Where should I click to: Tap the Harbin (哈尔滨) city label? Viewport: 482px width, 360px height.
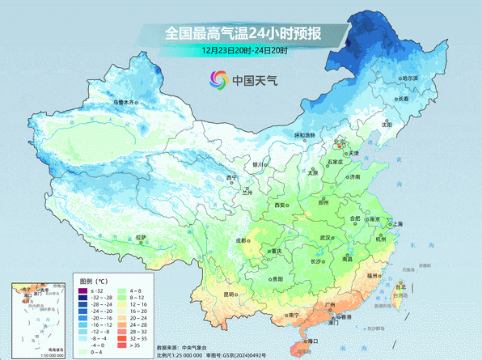point(412,78)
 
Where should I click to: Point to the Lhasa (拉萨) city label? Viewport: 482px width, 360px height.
point(142,237)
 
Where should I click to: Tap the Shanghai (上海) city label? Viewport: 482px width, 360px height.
point(397,224)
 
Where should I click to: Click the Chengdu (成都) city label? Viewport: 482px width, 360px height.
point(242,240)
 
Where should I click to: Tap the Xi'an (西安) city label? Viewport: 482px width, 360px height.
point(281,206)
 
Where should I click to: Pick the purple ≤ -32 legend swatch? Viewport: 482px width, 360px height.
point(82,290)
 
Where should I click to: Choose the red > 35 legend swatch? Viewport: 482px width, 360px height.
point(122,345)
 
